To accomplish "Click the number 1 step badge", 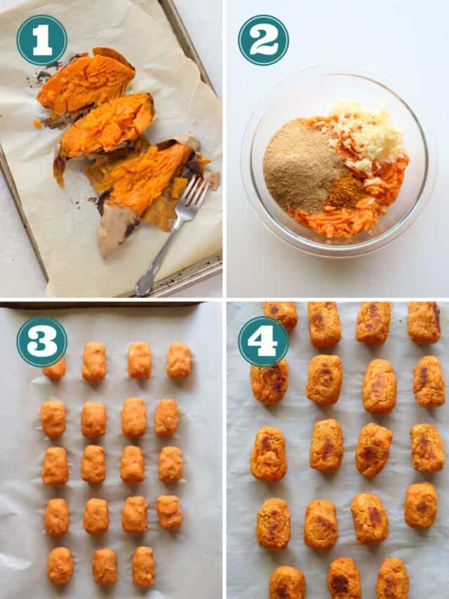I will pos(41,40).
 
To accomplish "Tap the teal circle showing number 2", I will pos(263,40).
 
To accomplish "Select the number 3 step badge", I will pos(41,341).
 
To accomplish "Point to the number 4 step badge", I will pos(263,341).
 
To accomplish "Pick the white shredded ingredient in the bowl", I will pos(368,137).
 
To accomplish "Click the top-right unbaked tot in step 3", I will pos(179,360).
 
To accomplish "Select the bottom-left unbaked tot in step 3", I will pos(60,565).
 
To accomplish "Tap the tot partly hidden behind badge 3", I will pos(55,369).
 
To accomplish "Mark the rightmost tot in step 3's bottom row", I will pos(144,566).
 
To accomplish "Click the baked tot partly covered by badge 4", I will pos(270,383).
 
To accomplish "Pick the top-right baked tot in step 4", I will pos(424,322).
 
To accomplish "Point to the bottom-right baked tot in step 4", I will pos(392,579).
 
